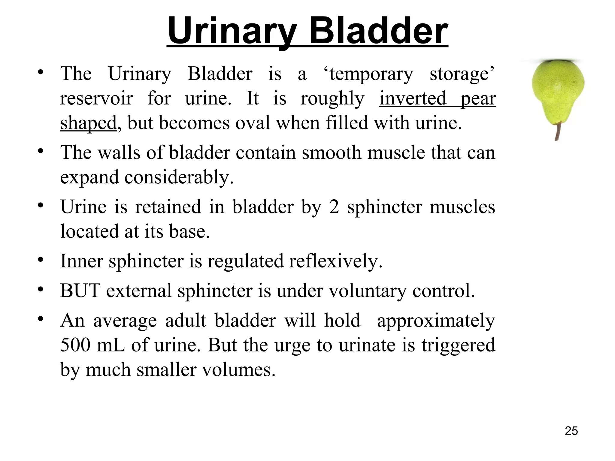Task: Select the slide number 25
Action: pyautogui.click(x=571, y=431)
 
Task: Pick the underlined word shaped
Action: pyautogui.click(x=88, y=123)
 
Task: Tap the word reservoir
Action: pyautogui.click(x=96, y=98)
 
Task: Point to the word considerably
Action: pyautogui.click(x=179, y=177)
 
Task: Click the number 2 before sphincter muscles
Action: pyautogui.click(x=334, y=207)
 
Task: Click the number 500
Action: pyautogui.click(x=75, y=345)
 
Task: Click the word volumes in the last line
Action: pyautogui.click(x=238, y=369)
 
